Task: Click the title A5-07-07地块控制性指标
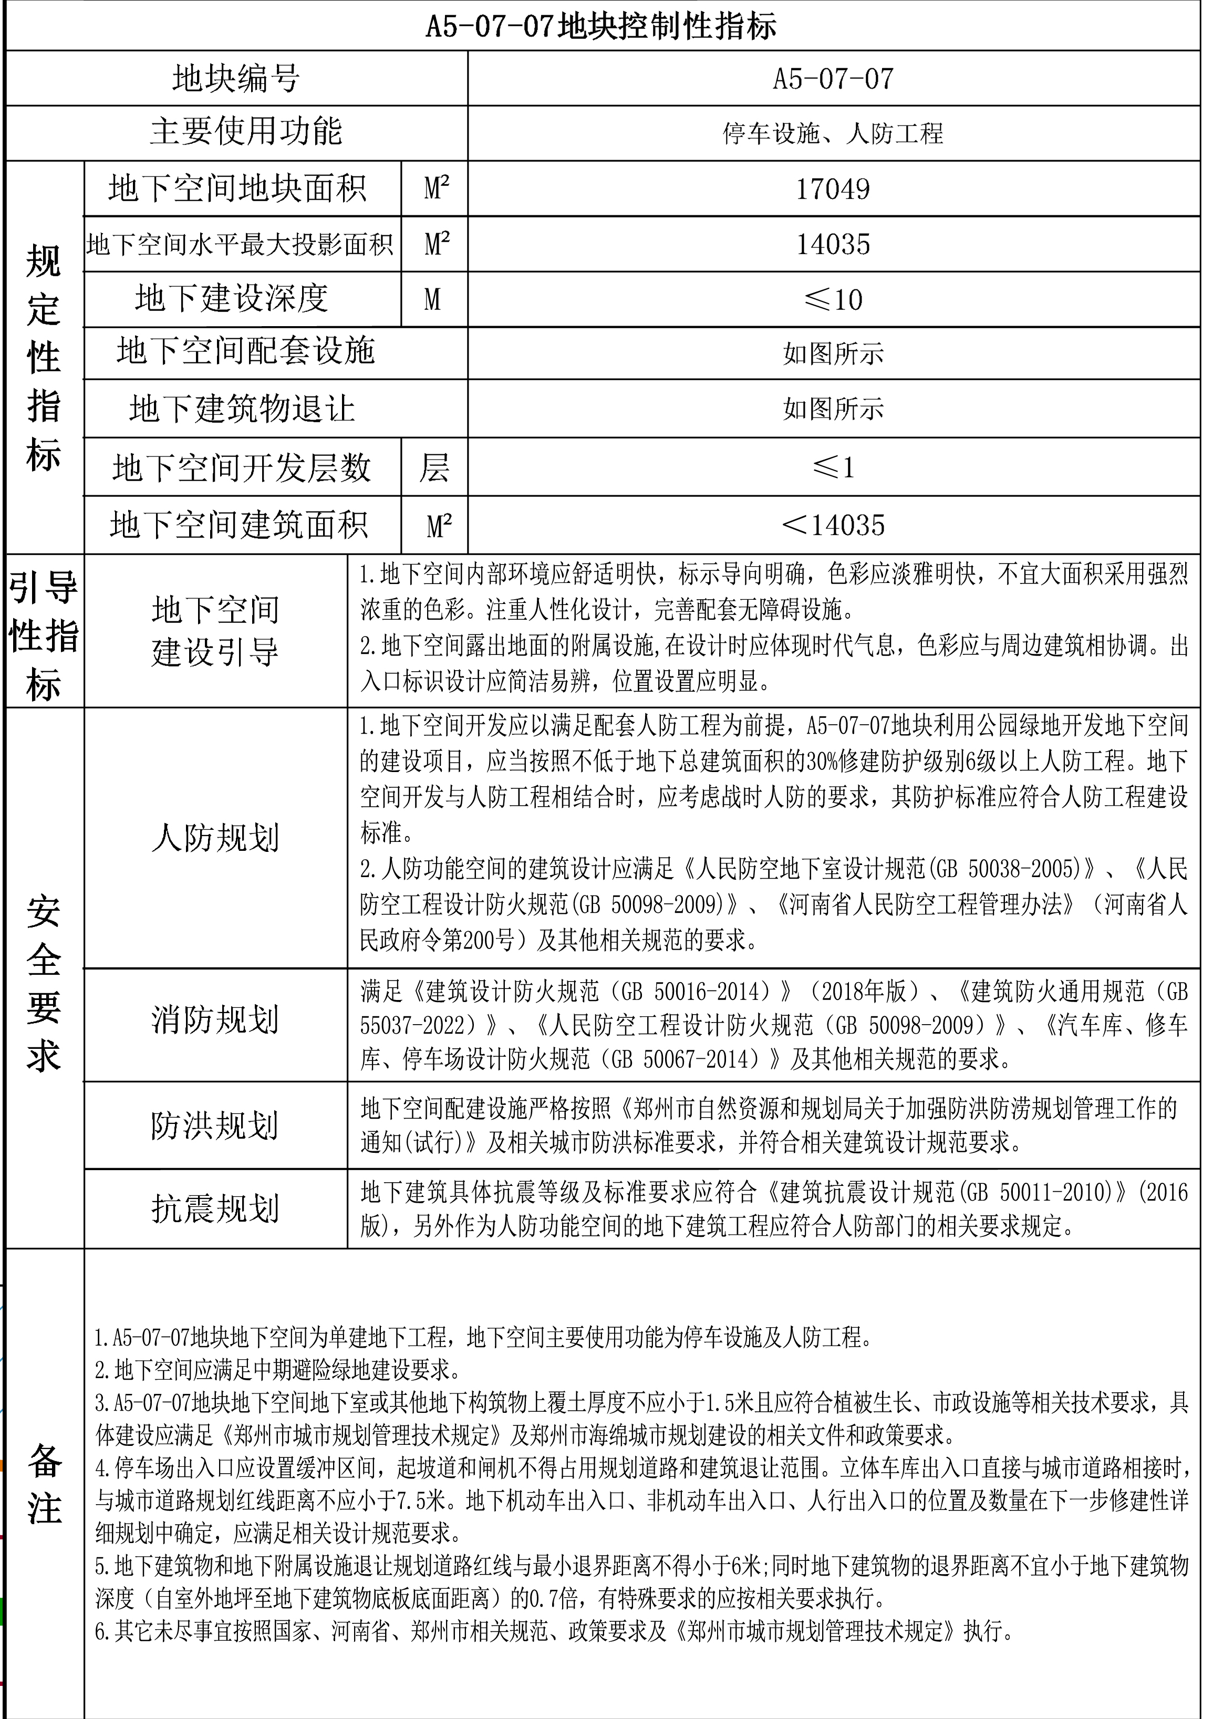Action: [x=602, y=27]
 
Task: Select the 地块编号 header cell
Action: [x=236, y=79]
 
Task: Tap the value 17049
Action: [x=833, y=189]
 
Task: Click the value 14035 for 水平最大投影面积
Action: [x=833, y=245]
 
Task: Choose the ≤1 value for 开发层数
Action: [x=833, y=468]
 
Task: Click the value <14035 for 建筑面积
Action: [x=833, y=525]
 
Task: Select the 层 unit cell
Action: [x=434, y=468]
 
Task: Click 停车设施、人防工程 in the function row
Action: [x=833, y=134]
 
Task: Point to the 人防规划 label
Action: [x=215, y=838]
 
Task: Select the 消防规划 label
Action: [x=215, y=1020]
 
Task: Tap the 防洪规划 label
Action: [x=215, y=1126]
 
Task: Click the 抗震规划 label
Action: [x=215, y=1208]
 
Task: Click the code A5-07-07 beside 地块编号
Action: [x=833, y=79]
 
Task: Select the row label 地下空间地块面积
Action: [x=237, y=189]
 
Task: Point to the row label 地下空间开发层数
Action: [x=242, y=468]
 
